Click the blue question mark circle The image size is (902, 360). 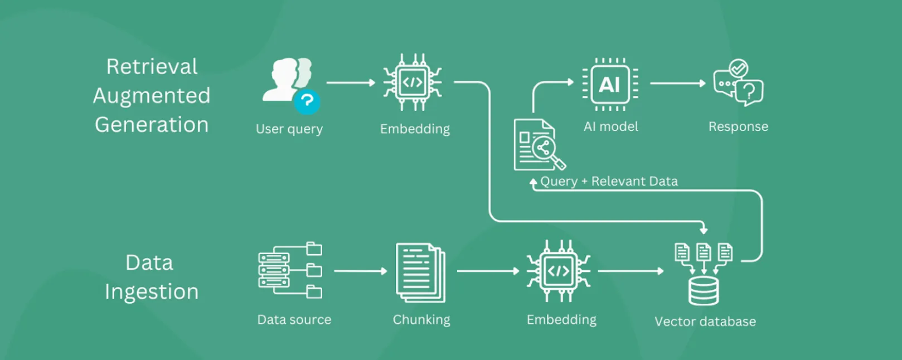307,101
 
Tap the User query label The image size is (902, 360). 289,129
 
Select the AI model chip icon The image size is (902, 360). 610,84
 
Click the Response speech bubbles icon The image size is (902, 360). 738,83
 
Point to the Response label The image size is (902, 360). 738,127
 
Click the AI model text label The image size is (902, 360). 611,127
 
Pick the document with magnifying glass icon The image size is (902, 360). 540,144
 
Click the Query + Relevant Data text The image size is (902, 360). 609,181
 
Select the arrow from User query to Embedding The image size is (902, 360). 351,82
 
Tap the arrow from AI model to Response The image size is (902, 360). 678,84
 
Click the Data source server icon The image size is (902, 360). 290,270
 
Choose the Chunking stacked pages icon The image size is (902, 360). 420,273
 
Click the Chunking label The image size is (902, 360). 421,320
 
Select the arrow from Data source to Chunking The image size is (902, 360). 360,271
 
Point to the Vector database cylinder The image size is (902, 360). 704,291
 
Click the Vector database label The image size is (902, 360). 705,322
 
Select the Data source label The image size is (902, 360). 294,320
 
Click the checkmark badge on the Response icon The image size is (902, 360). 739,69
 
